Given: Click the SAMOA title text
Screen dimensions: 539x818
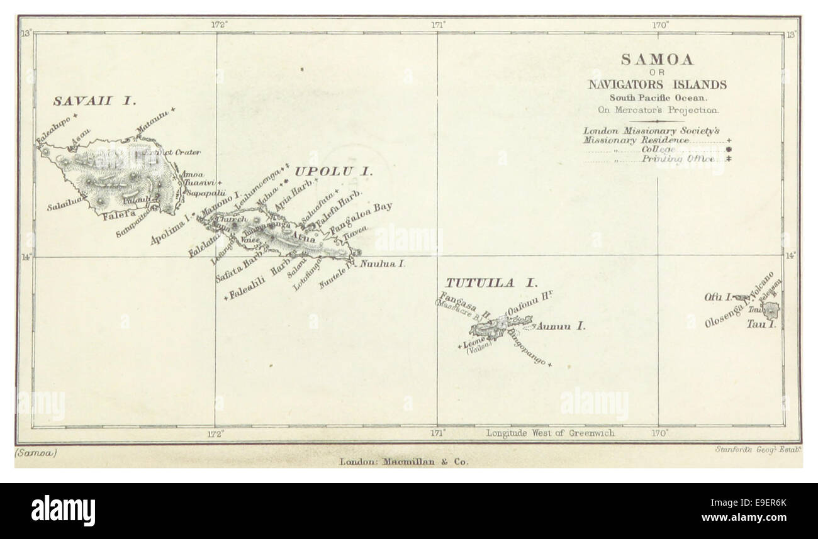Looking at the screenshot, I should tap(657, 60).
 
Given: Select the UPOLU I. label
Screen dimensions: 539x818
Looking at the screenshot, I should tap(333, 171).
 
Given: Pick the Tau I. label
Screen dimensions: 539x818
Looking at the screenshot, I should tap(761, 325).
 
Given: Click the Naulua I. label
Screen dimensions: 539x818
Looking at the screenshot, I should tap(383, 264).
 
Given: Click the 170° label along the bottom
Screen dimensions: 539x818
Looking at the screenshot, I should tap(659, 433).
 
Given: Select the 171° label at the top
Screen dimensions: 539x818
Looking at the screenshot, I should tap(439, 25).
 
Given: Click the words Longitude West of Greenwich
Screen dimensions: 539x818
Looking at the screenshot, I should tap(550, 433).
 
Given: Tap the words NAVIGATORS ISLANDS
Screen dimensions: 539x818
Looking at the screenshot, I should tap(657, 85).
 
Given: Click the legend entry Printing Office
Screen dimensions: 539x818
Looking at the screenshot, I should tap(678, 160).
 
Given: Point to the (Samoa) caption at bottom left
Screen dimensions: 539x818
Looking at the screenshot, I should tap(35, 452).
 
